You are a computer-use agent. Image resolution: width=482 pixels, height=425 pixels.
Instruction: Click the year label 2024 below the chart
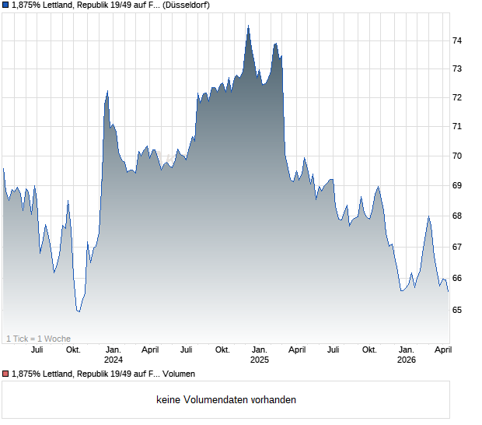[113, 360]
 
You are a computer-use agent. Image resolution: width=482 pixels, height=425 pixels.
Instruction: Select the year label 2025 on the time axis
[259, 360]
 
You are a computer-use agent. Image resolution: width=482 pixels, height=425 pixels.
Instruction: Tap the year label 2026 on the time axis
[406, 360]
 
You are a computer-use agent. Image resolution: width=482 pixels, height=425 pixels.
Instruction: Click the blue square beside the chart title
[6, 5]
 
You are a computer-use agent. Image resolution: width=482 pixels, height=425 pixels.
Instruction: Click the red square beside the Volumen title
[6, 374]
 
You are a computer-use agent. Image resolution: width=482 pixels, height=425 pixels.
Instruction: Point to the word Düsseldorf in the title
[187, 5]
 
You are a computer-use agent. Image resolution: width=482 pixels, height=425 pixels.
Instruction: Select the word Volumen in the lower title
[178, 374]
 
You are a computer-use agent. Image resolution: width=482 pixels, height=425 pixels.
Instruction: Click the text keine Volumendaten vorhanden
[226, 400]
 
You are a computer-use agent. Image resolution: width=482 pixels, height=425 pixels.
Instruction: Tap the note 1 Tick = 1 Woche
[38, 339]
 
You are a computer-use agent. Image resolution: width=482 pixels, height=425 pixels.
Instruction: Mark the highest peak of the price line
[248, 26]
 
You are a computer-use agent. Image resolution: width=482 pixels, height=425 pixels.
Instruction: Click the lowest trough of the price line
[79, 312]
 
